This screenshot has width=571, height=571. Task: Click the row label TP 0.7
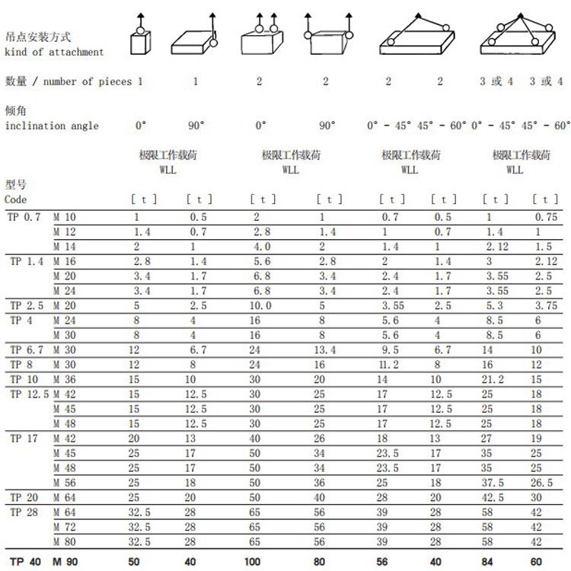(26, 218)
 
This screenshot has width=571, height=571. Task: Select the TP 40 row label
(24, 562)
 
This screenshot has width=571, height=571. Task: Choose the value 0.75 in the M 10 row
(546, 218)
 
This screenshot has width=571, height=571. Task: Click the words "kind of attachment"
(54, 52)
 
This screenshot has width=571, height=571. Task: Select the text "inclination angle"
(52, 126)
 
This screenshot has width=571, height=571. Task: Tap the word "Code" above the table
(16, 199)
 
